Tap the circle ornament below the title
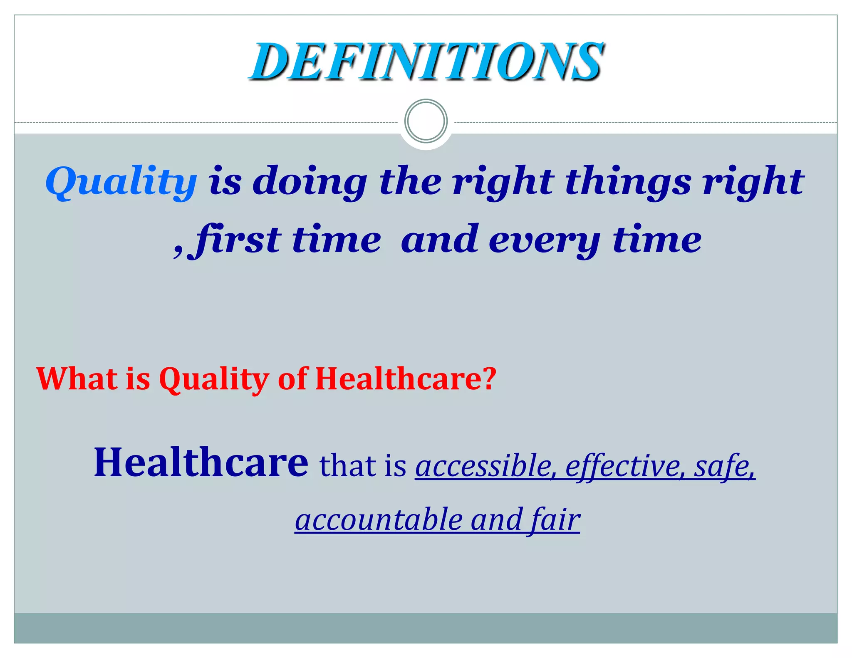[426, 121]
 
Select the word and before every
[439, 240]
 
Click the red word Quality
[214, 379]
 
